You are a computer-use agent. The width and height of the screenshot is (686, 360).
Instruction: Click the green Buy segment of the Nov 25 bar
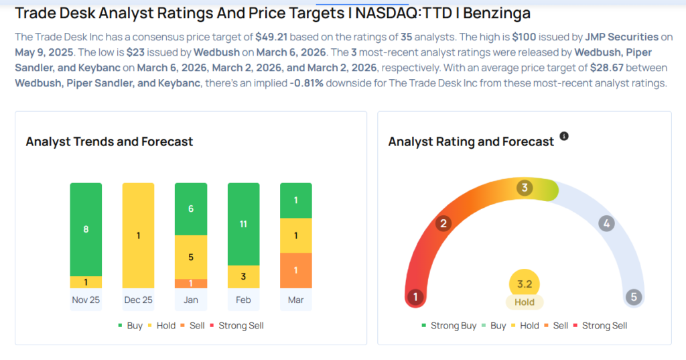pyautogui.click(x=86, y=229)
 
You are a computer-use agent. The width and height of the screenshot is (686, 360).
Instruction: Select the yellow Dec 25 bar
pyautogui.click(x=138, y=235)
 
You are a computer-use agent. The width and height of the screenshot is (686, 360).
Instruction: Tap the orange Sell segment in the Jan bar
pyautogui.click(x=191, y=284)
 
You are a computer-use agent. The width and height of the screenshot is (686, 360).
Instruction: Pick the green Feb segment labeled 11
pyautogui.click(x=243, y=224)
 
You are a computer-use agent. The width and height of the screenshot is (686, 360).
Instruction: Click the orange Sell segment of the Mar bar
pyautogui.click(x=295, y=270)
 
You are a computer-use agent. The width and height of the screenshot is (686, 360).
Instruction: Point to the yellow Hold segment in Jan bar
pyautogui.click(x=191, y=257)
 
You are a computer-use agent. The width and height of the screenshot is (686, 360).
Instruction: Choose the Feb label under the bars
pyautogui.click(x=243, y=300)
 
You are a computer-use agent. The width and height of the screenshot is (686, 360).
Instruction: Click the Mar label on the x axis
pyautogui.click(x=295, y=300)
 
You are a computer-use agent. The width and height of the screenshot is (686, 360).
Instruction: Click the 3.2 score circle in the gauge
pyautogui.click(x=525, y=284)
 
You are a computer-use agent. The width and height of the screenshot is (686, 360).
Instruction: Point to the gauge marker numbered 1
pyautogui.click(x=415, y=297)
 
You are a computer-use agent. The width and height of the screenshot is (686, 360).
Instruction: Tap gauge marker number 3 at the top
pyautogui.click(x=525, y=188)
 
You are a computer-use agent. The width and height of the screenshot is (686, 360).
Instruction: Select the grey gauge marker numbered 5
pyautogui.click(x=633, y=297)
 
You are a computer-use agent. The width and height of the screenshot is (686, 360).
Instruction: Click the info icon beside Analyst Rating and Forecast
pyautogui.click(x=564, y=136)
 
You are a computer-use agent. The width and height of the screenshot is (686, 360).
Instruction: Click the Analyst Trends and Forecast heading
pyautogui.click(x=109, y=141)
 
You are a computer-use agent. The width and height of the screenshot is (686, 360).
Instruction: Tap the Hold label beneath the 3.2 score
pyautogui.click(x=525, y=302)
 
